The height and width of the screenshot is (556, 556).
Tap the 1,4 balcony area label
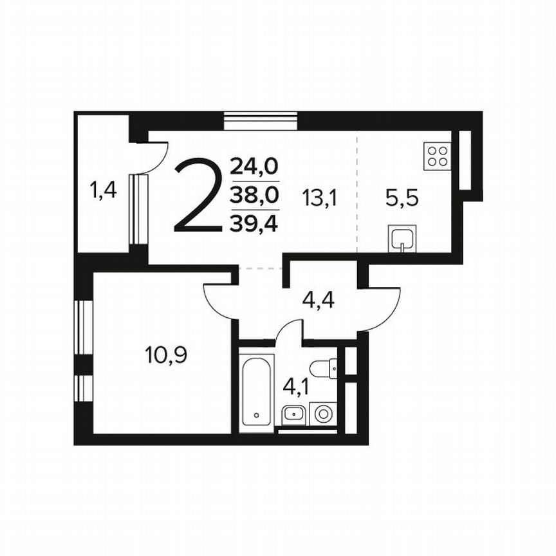pyautogui.click(x=103, y=190)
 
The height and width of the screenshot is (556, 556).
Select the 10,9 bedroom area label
pyautogui.click(x=166, y=355)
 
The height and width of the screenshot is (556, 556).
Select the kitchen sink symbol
pyautogui.click(x=403, y=239)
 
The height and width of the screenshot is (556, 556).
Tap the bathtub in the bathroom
pyautogui.click(x=257, y=393)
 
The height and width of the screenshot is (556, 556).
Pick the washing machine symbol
pyautogui.click(x=323, y=413)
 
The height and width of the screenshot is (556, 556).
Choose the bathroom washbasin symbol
pyautogui.click(x=294, y=415)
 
